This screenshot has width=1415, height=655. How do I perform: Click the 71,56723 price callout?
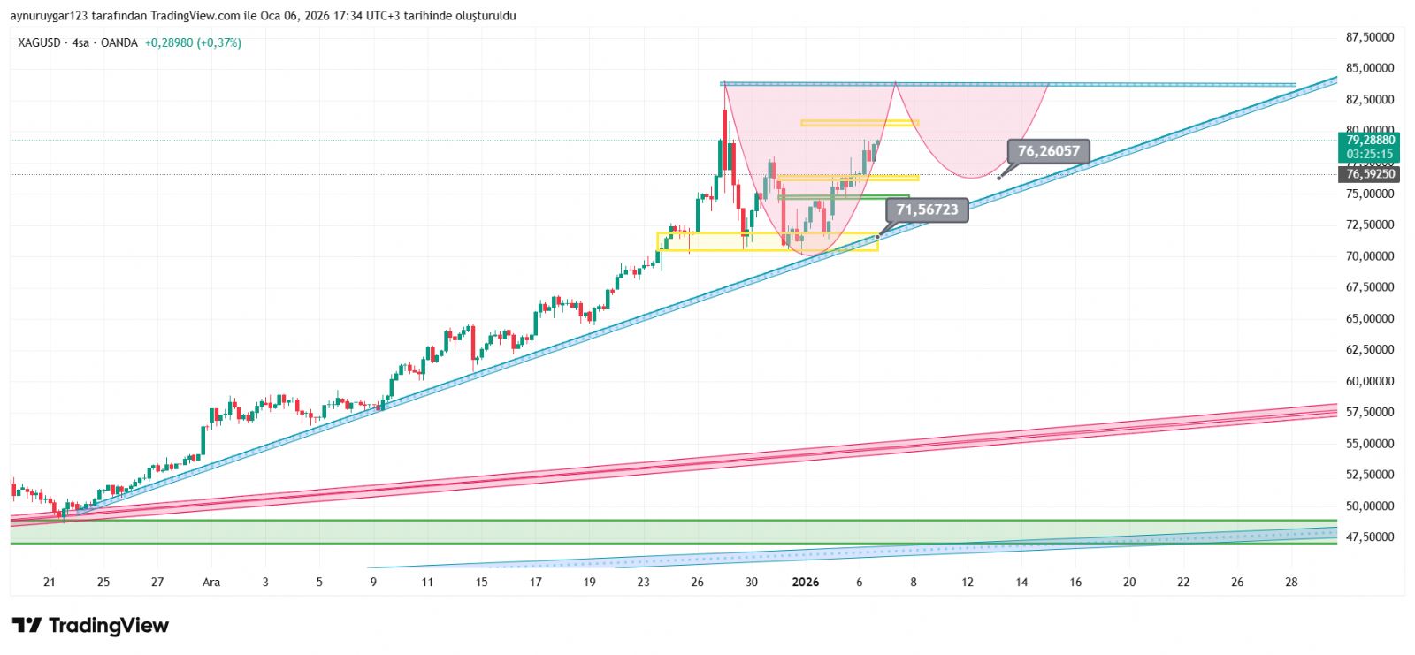point(927,209)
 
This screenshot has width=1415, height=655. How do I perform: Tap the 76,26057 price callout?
point(1048,151)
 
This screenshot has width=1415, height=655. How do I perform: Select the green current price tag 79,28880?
point(1370,141)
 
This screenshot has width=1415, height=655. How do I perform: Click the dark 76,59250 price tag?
point(1370,174)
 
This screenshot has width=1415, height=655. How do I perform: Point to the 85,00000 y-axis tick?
point(1370,68)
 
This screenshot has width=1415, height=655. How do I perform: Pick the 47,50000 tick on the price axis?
point(1370,537)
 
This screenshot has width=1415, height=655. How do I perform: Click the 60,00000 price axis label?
point(1370,381)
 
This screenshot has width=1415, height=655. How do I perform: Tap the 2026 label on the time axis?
point(806,582)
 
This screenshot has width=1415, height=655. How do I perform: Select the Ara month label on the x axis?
point(211,582)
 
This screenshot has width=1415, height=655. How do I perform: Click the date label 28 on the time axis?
point(1291,582)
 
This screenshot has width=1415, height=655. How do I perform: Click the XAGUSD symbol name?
point(40,42)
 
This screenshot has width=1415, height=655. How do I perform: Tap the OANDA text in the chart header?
point(119,42)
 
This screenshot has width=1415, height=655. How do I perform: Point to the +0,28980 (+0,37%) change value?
point(193,42)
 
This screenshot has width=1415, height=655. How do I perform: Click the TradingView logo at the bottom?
point(90,626)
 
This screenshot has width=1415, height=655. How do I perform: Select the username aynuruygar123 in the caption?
point(50,16)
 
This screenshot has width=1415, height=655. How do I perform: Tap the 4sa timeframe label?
point(80,42)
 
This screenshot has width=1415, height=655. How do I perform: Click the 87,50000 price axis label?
point(1370,37)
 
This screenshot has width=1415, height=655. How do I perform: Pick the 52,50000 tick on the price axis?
point(1370,475)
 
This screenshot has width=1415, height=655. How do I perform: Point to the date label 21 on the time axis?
point(50,582)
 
